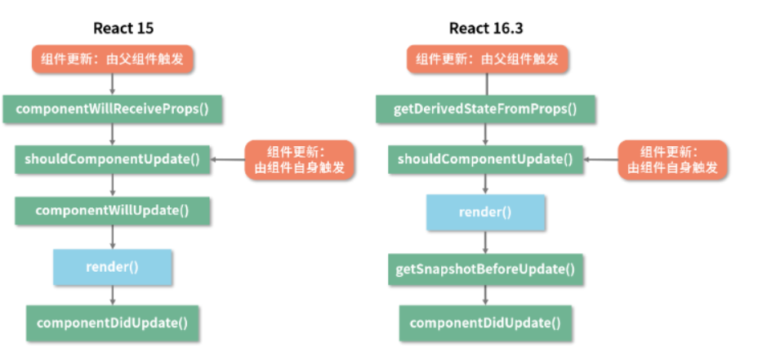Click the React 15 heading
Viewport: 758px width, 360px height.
click(123, 29)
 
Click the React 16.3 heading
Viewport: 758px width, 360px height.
click(486, 29)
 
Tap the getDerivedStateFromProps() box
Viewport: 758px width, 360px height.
click(486, 109)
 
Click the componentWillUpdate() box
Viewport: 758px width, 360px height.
click(113, 210)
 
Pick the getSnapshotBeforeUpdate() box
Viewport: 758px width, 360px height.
click(485, 269)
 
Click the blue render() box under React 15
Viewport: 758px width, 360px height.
click(113, 266)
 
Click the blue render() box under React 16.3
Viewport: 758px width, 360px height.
click(485, 212)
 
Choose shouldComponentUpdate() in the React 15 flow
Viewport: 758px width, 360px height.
click(113, 158)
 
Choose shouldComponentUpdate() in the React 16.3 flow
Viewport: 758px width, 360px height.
click(485, 158)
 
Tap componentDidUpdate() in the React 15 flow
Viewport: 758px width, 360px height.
click(113, 322)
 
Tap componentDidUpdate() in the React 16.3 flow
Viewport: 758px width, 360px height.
click(485, 322)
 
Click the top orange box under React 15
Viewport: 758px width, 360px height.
click(114, 59)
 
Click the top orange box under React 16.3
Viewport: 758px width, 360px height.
click(488, 59)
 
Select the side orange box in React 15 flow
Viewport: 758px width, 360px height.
click(300, 159)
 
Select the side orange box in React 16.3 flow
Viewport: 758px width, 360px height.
click(672, 159)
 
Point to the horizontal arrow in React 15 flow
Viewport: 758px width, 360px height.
click(228, 160)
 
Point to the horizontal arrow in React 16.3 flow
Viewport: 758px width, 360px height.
click(600, 160)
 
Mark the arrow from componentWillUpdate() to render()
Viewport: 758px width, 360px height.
click(113, 237)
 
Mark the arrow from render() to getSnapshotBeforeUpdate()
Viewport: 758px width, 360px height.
click(485, 242)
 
